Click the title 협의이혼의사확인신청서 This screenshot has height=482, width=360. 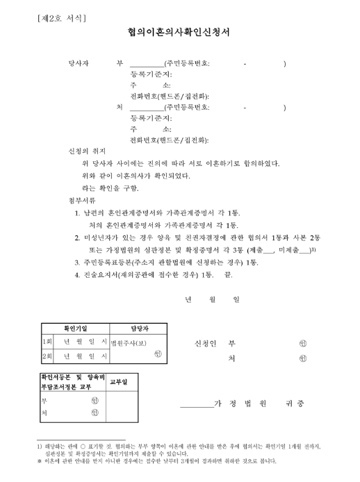[179, 32]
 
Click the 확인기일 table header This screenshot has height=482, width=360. [76, 328]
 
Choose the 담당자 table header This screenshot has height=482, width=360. [140, 328]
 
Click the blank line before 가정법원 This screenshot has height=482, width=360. [195, 405]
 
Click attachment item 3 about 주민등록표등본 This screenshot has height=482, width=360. [166, 263]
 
